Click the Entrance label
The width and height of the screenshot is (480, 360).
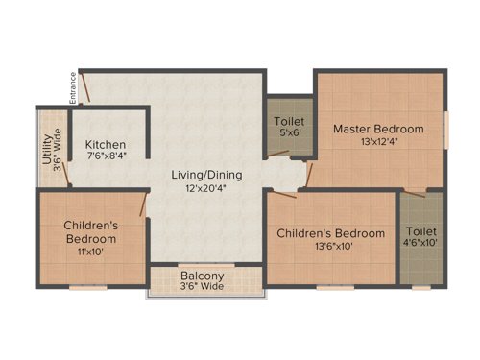click(71, 87)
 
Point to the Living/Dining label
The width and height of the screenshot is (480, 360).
click(206, 176)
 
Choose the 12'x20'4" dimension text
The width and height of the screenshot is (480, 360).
click(206, 189)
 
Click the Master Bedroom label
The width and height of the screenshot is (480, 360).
click(378, 129)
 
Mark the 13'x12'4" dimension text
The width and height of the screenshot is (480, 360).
click(378, 142)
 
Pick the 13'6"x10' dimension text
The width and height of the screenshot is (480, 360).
click(330, 247)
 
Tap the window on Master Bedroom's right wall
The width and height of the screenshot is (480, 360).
click(446, 130)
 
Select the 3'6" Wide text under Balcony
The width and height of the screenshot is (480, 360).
click(202, 286)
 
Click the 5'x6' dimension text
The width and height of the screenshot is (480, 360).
click(290, 135)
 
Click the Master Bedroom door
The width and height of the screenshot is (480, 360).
click(308, 174)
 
